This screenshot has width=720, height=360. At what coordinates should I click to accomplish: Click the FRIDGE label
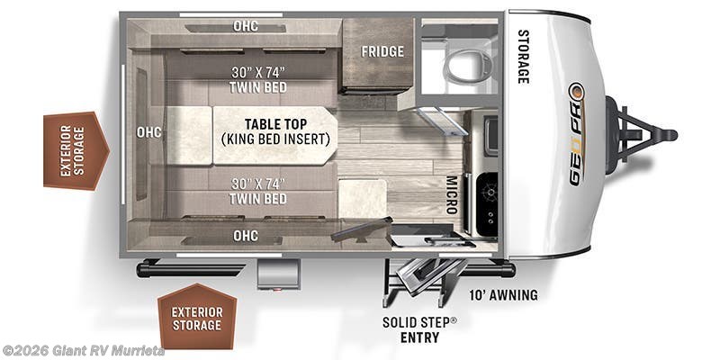382,51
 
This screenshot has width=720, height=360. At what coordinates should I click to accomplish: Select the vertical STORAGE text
523,57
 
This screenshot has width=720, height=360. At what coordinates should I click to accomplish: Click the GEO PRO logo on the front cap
575,135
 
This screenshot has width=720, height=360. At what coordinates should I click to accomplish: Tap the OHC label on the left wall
148,132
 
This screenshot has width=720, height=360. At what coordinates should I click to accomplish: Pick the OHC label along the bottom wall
246,236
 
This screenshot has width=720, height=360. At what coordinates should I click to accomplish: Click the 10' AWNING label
504,295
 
